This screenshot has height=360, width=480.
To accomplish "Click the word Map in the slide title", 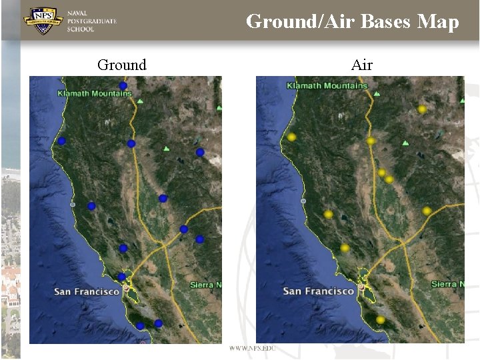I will pyautogui.click(x=438, y=21).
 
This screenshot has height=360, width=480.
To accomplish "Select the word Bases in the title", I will pyautogui.click(x=386, y=21).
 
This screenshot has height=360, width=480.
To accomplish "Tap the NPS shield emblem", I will pyautogui.click(x=43, y=21).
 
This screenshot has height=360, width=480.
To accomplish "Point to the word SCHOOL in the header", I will pyautogui.click(x=81, y=29).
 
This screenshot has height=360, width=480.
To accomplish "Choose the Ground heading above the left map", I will pyautogui.click(x=121, y=65).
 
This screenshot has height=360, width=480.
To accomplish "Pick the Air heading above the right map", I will pyautogui.click(x=361, y=65).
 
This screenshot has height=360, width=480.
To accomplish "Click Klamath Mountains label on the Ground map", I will pyautogui.click(x=95, y=93).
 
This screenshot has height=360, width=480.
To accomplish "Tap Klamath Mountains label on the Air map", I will pyautogui.click(x=327, y=85).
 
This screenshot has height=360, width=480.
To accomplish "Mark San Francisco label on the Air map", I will pyautogui.click(x=319, y=291).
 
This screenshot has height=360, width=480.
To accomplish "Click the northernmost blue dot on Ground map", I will pyautogui.click(x=123, y=85).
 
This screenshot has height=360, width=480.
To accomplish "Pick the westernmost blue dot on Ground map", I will pyautogui.click(x=61, y=141).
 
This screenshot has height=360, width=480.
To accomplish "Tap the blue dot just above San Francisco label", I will pyautogui.click(x=121, y=277).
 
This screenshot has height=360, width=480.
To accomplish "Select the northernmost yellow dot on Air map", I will pyautogui.click(x=421, y=109).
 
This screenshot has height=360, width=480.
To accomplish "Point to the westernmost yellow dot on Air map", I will pyautogui.click(x=291, y=137).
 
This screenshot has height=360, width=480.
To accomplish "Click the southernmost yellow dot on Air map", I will pyautogui.click(x=380, y=320).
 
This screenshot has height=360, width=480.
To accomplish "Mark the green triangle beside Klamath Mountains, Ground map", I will pyautogui.click(x=140, y=101).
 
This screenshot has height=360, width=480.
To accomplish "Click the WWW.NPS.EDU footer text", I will pyautogui.click(x=251, y=349).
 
